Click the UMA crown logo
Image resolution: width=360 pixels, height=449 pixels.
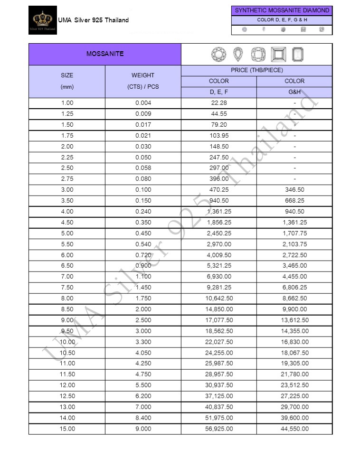(x=43, y=19)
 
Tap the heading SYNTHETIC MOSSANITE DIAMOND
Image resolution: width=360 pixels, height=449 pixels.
(x=282, y=10)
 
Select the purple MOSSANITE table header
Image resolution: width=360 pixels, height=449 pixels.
(x=105, y=54)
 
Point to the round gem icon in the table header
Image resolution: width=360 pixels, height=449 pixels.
(x=219, y=55)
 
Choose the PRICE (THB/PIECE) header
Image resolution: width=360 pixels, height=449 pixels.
(x=256, y=70)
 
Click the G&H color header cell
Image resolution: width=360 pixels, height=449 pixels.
(x=294, y=93)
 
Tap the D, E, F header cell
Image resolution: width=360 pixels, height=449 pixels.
(x=219, y=93)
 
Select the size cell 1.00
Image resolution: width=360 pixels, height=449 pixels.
(x=67, y=103)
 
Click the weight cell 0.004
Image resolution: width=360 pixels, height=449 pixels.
(x=143, y=103)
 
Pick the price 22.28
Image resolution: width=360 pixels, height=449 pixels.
(x=219, y=103)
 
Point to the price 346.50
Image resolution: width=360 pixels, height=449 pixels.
(x=294, y=190)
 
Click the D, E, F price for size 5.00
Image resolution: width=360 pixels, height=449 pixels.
(x=219, y=234)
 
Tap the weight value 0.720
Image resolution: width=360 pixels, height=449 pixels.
(x=143, y=255)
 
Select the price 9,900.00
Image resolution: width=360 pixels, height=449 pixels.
(x=294, y=309)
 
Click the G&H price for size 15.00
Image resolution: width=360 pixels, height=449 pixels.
(x=294, y=429)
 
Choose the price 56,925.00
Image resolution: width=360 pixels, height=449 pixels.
(x=219, y=429)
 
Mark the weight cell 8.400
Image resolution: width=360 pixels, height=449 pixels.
(x=143, y=418)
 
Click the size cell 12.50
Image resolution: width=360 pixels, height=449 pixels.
(x=67, y=396)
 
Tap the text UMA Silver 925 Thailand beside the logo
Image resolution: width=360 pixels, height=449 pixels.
(x=93, y=20)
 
